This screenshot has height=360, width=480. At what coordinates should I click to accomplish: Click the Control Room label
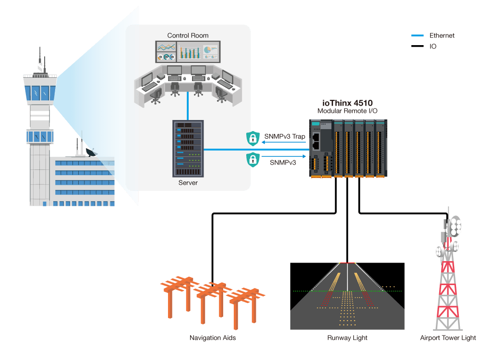[x=188, y=36]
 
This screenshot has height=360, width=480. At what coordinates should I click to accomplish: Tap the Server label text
[x=188, y=183]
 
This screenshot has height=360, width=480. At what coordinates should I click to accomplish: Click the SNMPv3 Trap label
[x=284, y=136]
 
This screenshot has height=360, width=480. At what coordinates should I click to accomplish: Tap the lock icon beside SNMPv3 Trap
[x=252, y=138]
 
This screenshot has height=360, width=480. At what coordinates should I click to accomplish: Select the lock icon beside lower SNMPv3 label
[x=252, y=159]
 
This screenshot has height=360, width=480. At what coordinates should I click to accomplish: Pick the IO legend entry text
[x=433, y=47]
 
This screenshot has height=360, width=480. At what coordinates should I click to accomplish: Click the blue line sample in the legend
[x=418, y=36]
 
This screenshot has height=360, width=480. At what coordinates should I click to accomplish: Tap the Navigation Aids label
[x=213, y=338]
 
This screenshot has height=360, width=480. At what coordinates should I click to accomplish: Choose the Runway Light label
[x=347, y=338]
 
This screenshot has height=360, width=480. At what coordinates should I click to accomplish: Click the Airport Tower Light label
[x=448, y=338]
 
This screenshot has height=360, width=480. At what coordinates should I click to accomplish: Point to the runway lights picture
[x=347, y=296]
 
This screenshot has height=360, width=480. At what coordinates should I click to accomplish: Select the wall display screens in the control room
[x=188, y=51]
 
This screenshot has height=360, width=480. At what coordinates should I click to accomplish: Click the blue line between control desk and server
[x=188, y=107]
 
